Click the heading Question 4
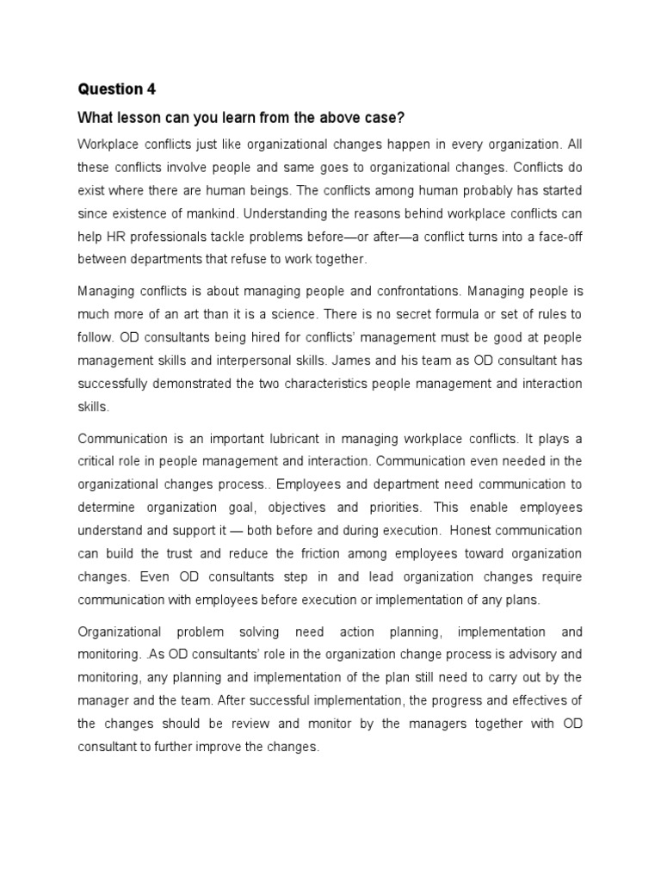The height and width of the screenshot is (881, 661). pyautogui.click(x=111, y=89)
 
